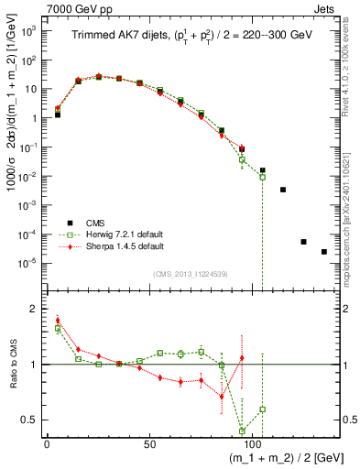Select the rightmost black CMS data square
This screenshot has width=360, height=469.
[x=324, y=252]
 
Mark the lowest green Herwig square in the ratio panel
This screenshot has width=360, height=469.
[x=242, y=431]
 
